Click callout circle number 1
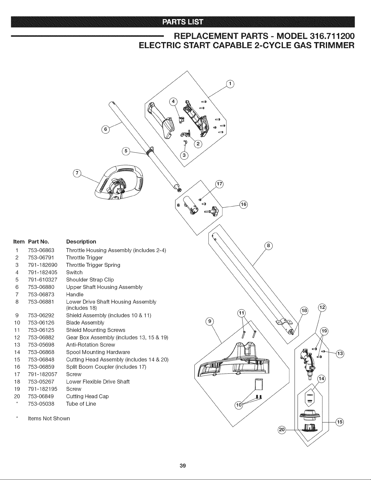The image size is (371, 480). point(230,84)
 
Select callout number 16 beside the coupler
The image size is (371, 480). point(243,204)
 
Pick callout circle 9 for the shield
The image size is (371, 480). point(210,321)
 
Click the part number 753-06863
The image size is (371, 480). point(41,250)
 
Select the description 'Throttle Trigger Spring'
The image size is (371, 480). point(93,265)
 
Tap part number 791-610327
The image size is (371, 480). point(43,280)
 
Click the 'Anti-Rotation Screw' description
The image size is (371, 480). point(91,345)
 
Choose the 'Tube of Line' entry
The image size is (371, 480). point(81,404)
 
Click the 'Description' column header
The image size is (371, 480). point(81,242)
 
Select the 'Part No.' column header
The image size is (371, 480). point(38,242)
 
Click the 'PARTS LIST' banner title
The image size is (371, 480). point(183,22)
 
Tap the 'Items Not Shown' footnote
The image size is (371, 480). point(49,419)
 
